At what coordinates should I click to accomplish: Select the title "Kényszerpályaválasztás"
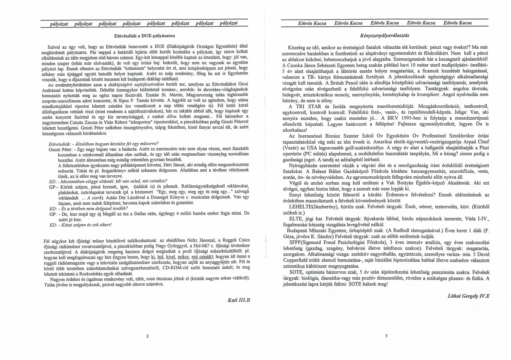point(384,35)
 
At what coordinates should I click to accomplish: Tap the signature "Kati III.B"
point(239,300)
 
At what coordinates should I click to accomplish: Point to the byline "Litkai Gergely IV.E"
point(468,295)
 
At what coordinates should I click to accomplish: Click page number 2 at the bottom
point(147,336)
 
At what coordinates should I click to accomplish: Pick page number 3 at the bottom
point(386,336)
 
